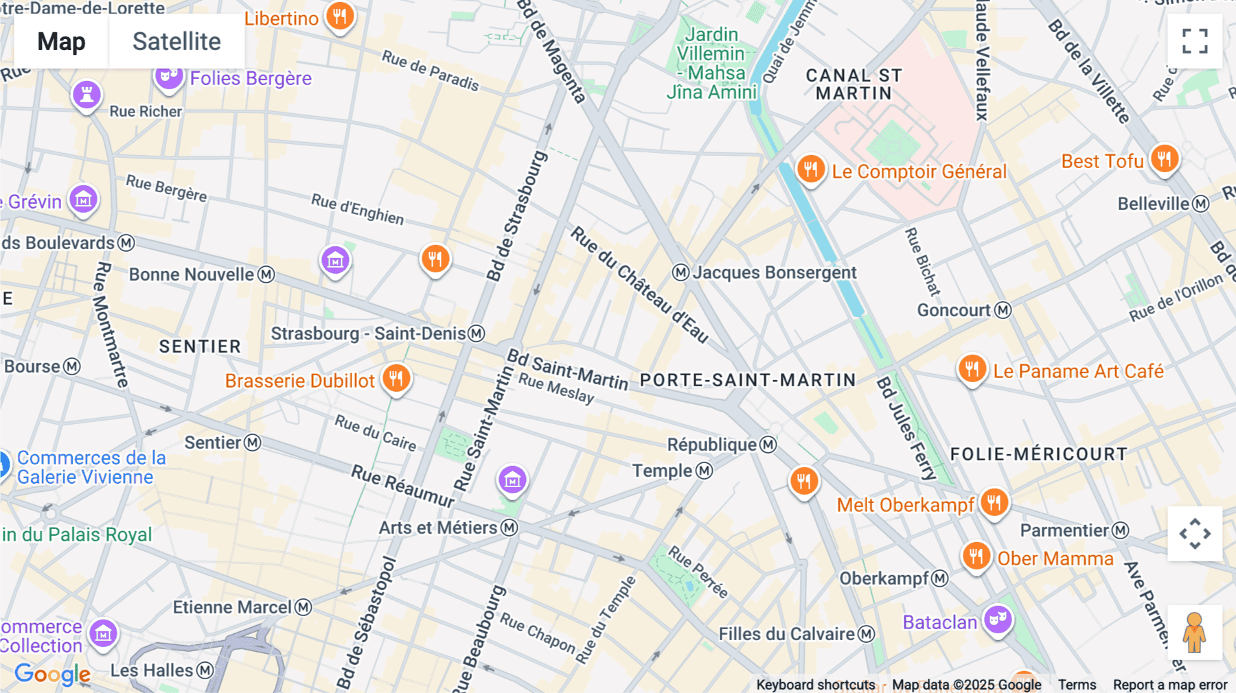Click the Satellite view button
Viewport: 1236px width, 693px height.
(176, 42)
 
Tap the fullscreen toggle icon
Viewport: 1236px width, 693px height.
(1195, 41)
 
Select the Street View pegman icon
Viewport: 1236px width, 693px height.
(1195, 633)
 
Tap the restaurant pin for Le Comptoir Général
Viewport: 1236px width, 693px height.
(810, 168)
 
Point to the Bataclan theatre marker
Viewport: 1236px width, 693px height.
(997, 620)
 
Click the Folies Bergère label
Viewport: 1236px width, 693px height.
(251, 78)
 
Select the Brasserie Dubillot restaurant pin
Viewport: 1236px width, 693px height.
(396, 378)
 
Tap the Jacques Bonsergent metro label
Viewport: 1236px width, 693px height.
(774, 272)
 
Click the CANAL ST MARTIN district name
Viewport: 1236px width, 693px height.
(854, 84)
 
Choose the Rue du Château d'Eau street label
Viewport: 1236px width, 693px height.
(639, 284)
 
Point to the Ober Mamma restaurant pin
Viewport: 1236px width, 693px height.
(976, 556)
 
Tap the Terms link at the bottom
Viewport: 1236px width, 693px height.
(1077, 684)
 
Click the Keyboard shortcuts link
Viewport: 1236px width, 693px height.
(815, 684)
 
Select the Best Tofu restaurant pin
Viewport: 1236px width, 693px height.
(1164, 159)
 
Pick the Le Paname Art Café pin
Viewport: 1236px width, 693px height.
(972, 369)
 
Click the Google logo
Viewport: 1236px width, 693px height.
(52, 674)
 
